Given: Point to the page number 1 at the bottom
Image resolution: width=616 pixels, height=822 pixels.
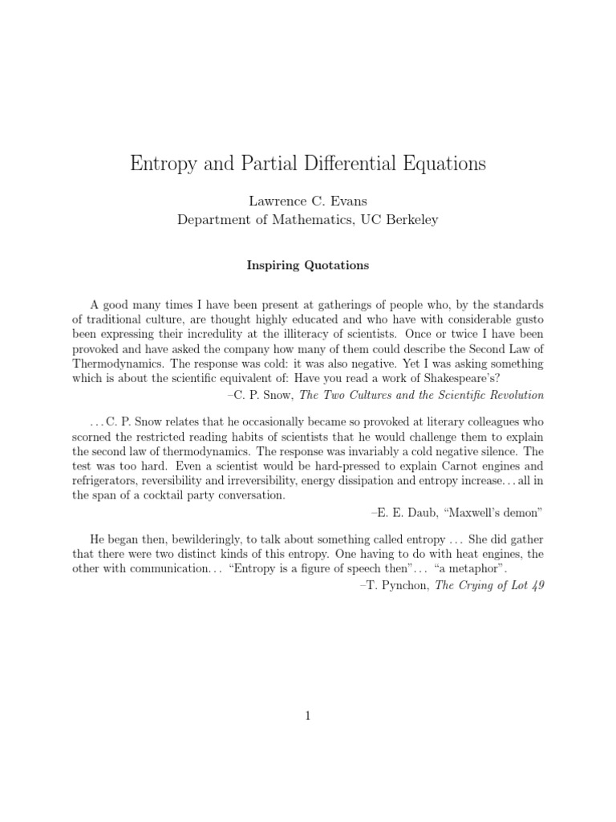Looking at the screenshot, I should [x=307, y=718].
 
